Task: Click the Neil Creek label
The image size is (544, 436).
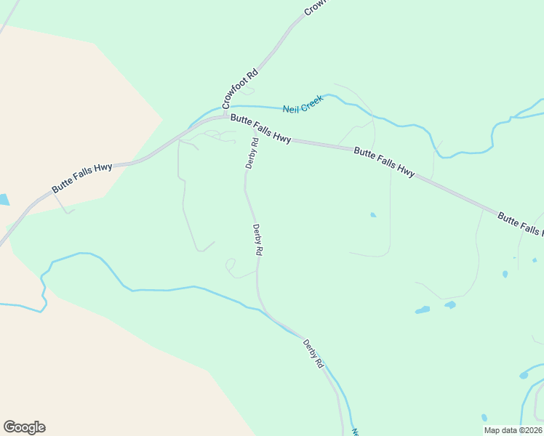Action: click(303, 104)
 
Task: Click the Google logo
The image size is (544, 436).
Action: click(24, 427)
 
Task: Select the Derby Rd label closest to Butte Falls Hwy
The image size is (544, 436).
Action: click(252, 153)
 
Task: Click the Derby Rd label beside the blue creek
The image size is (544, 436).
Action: click(313, 354)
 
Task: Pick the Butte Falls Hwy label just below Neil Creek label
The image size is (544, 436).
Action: click(261, 129)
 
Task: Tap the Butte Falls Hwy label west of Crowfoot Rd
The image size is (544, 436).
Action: click(81, 178)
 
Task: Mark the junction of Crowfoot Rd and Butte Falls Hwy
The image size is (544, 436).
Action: click(225, 116)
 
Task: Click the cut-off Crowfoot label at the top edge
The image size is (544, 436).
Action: click(316, 7)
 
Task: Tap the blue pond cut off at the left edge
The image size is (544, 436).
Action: click(4, 200)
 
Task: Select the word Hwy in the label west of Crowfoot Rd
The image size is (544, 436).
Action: click(103, 169)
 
